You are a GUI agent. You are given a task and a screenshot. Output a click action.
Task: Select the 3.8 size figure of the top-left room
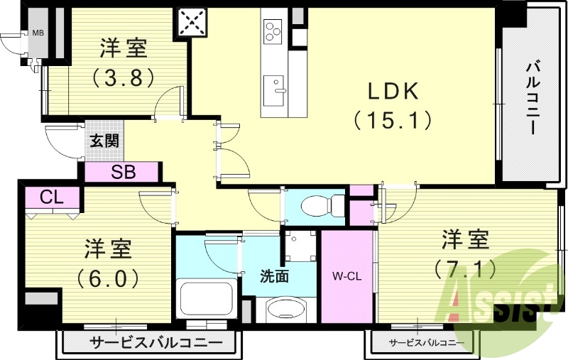click(124, 77)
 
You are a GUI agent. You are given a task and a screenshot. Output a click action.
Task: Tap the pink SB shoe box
click(121, 172)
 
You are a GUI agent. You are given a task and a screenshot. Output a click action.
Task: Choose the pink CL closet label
click(50, 197)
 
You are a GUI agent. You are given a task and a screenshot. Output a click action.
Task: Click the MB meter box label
click(37, 33)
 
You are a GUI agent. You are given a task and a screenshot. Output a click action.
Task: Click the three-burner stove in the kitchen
click(273, 30)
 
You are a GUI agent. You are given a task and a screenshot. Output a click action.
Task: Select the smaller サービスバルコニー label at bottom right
click(421, 343)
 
